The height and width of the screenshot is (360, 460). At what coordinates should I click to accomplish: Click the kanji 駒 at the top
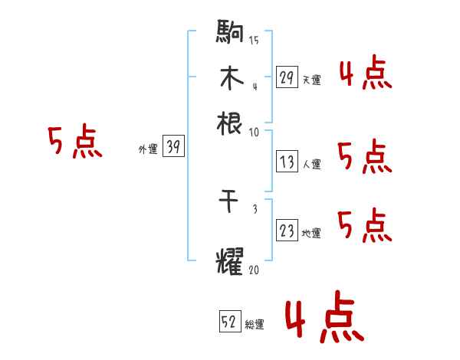click(x=230, y=34)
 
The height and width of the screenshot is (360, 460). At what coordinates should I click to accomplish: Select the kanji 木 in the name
click(x=230, y=78)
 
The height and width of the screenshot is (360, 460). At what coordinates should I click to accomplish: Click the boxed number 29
click(x=287, y=77)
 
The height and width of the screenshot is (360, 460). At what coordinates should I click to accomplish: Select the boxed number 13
click(x=287, y=162)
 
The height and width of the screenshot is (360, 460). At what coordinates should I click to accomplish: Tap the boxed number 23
click(x=287, y=231)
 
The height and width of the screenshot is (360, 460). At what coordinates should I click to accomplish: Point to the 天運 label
click(x=311, y=80)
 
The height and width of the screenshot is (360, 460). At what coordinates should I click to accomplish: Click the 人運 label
click(x=311, y=164)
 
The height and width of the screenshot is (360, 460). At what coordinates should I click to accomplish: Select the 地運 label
click(x=311, y=234)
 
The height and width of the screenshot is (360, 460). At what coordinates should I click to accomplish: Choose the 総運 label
click(x=255, y=325)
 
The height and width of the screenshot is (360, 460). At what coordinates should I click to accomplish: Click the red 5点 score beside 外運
click(x=74, y=142)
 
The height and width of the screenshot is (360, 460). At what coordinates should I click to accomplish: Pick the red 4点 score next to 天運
click(x=365, y=74)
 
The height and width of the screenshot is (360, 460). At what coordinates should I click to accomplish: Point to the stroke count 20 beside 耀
click(x=255, y=270)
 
